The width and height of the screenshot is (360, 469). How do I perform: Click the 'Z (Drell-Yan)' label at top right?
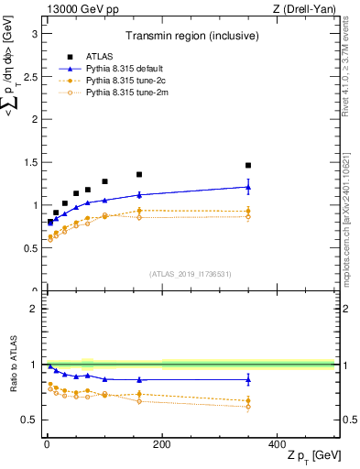304,8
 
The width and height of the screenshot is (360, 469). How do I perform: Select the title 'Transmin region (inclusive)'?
191,38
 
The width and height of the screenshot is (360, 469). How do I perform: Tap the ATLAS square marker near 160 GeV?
139,174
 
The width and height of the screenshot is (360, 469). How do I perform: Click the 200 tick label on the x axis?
161,443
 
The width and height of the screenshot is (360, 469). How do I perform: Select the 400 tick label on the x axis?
277,443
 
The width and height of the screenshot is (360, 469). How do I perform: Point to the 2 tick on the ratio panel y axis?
35,309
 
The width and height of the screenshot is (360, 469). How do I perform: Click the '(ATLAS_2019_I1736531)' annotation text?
191,274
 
